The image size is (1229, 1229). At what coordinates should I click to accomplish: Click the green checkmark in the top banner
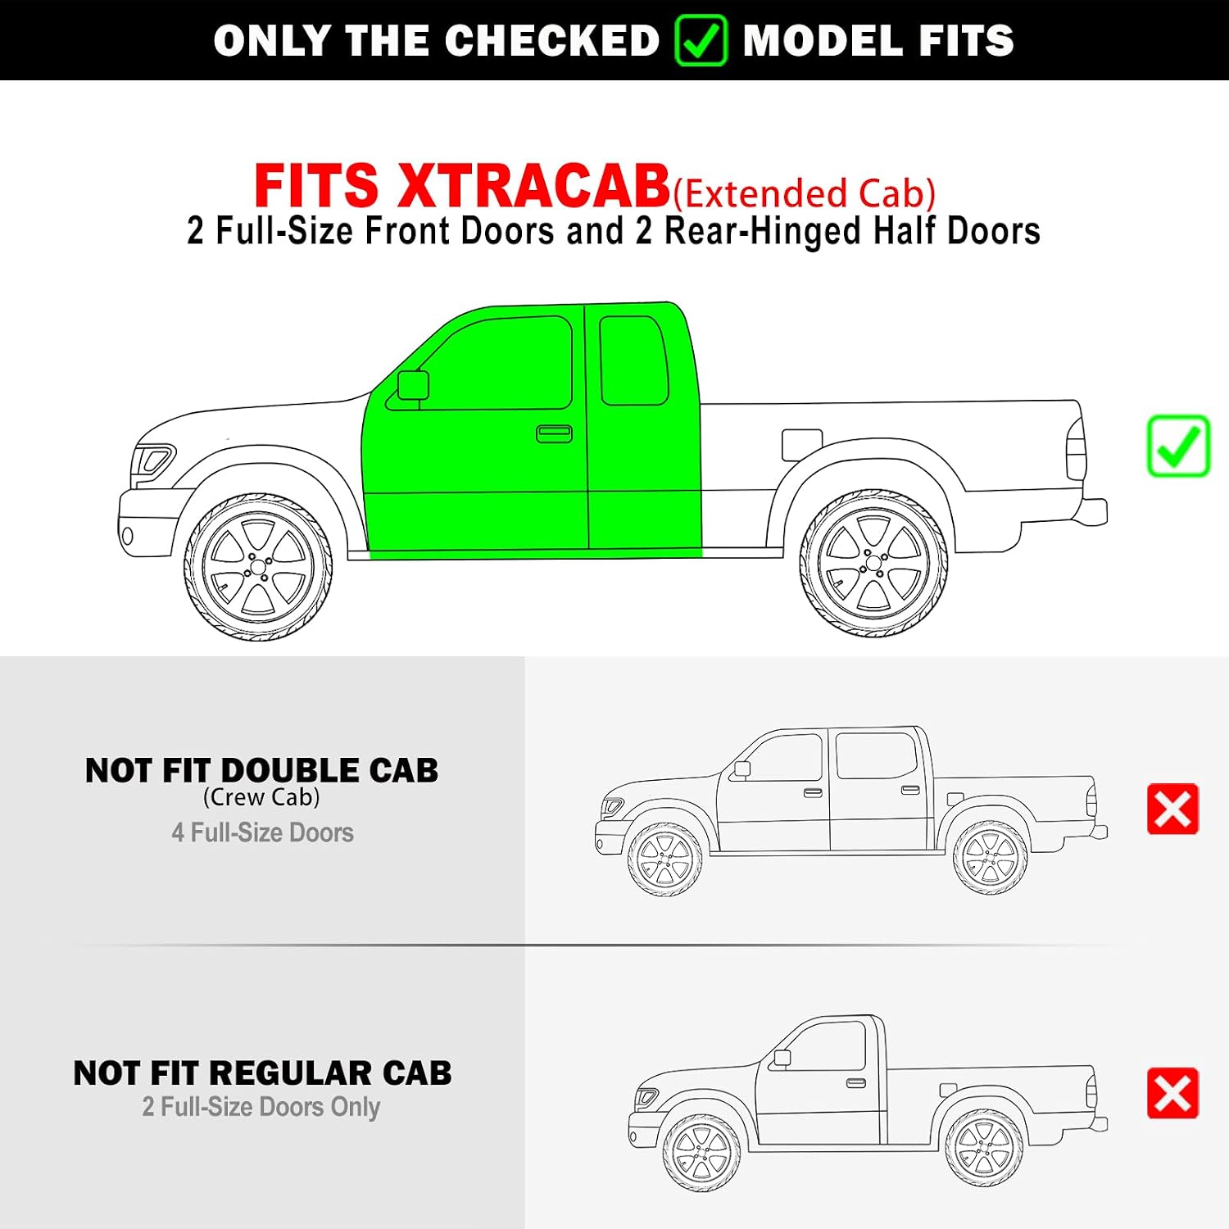pos(701,41)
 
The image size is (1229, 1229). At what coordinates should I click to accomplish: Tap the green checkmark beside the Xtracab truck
pos(1178,447)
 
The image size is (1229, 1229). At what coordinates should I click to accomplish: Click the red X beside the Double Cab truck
pos(1172,810)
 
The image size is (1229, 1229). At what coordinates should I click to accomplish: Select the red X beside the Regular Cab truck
pos(1172,1093)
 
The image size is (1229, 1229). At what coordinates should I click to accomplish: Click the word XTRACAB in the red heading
pos(533,186)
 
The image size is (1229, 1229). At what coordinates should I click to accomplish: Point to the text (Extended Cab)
pos(804,193)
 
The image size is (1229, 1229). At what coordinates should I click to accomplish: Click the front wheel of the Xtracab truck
pos(258,566)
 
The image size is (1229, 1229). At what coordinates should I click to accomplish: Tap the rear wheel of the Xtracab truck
pos(873,563)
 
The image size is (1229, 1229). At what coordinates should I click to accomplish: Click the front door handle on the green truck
pos(554,433)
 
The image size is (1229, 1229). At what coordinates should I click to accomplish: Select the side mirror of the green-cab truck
pos(413,385)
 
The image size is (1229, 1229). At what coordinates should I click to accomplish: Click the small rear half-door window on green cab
pos(633,361)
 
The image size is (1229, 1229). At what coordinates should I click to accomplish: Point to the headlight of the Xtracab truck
pos(152,460)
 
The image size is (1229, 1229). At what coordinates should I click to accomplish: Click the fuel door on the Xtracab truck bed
pos(801,445)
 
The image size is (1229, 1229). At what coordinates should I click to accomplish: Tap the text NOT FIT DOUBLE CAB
pos(262,771)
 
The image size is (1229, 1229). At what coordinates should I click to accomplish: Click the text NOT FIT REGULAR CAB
pos(262,1073)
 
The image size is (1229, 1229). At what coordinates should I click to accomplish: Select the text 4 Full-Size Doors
pos(262,832)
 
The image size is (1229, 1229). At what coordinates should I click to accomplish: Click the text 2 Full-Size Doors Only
pos(261,1107)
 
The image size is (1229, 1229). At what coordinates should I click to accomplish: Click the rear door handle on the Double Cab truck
pos(910,790)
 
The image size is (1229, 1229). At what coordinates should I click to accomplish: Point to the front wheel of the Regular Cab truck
pos(702,1152)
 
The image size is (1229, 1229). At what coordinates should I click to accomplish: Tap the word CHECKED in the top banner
pos(552,41)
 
